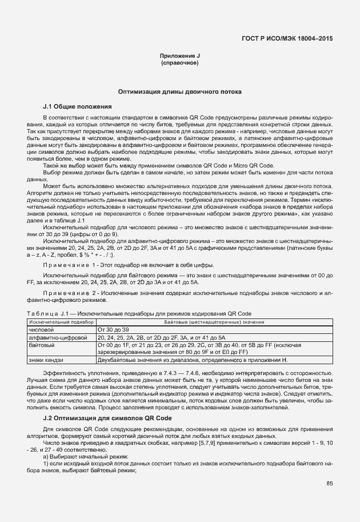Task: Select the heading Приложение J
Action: coord(180,55)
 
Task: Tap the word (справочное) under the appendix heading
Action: coord(180,62)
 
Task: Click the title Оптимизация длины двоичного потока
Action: coord(180,91)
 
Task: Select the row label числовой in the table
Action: coord(41,330)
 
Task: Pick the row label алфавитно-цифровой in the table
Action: coord(53,338)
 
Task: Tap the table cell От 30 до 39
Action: coord(114,330)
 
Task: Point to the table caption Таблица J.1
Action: coord(49,314)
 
